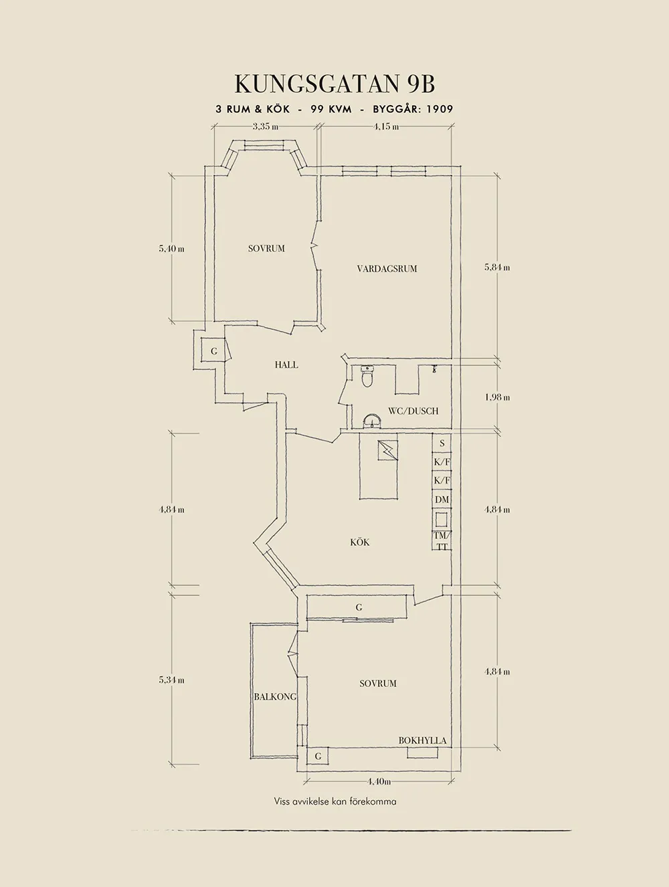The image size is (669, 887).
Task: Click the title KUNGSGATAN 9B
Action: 334,84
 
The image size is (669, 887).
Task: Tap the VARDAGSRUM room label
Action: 387,269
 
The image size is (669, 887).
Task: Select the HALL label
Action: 286,365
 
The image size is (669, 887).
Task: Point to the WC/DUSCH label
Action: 413,411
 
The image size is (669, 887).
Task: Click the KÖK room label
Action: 359,543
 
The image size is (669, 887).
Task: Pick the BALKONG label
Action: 275,696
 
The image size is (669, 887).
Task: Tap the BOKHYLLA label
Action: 422,741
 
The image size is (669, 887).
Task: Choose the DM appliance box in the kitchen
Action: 442,500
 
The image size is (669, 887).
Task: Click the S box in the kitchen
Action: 442,443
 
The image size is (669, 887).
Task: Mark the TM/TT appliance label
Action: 442,540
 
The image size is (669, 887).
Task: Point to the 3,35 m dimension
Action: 266,126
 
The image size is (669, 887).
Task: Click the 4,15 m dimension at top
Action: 386,126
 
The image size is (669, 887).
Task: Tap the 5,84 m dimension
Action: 497,267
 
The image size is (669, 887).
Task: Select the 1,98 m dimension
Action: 497,397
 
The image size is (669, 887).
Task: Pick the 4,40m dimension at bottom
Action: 379,793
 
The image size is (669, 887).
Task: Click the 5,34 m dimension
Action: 172,680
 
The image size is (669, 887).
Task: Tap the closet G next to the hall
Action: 213,352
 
